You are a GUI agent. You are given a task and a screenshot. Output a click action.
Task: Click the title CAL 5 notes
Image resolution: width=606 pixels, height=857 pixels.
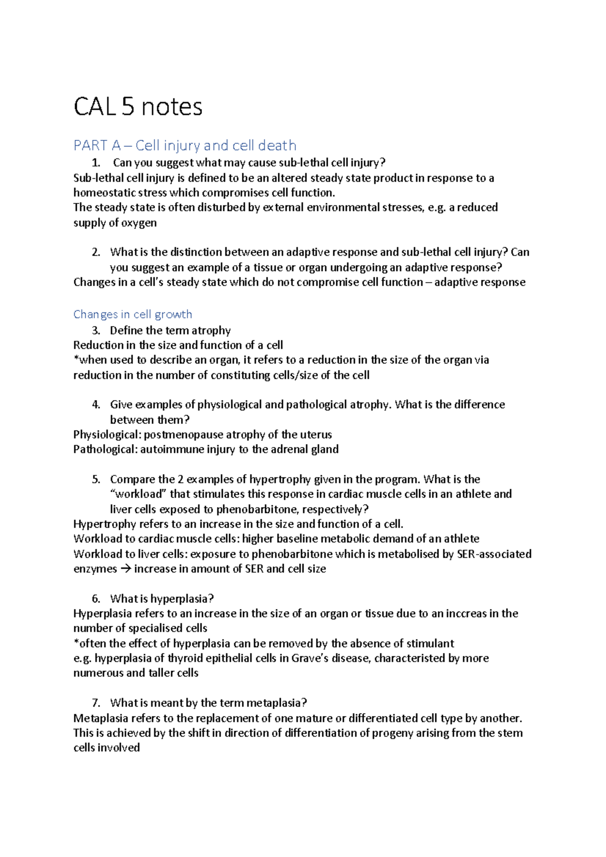[x=138, y=107]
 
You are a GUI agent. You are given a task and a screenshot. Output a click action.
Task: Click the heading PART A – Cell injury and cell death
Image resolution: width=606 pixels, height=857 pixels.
[x=185, y=145]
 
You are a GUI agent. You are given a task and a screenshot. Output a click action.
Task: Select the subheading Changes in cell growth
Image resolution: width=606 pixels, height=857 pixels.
[x=133, y=314]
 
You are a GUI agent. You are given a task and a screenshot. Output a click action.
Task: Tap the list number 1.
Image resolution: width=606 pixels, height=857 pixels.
[x=96, y=163]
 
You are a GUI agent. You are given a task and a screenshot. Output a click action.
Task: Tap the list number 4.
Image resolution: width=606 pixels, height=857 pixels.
[x=96, y=404]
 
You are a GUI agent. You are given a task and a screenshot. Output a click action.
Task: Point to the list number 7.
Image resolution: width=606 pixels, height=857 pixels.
[x=96, y=703]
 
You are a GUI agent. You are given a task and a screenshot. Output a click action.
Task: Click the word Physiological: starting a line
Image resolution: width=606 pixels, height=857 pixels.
[x=107, y=435]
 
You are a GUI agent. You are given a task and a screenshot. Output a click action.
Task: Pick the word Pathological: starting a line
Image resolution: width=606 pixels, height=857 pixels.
[x=105, y=449]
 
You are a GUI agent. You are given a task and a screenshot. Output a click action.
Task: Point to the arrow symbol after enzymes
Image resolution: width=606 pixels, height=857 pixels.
[x=125, y=569]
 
